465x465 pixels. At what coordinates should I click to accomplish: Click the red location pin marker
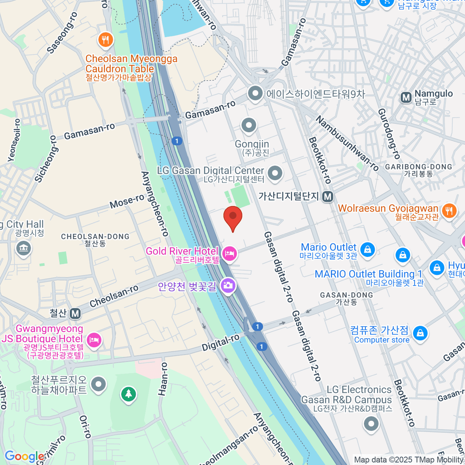[x=233, y=217]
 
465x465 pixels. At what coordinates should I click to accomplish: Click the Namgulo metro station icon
[x=406, y=97]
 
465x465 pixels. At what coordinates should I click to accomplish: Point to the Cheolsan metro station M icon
[x=76, y=313]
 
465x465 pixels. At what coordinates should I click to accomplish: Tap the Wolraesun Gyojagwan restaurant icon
[x=449, y=211]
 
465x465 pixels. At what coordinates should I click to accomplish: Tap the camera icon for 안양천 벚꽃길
[x=228, y=286]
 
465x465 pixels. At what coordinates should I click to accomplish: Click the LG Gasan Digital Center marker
[x=275, y=173]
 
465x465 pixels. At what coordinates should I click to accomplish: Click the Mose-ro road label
[x=127, y=201]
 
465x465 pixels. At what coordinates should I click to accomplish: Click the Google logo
[x=24, y=456]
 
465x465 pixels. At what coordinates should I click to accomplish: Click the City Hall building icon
[x=23, y=249]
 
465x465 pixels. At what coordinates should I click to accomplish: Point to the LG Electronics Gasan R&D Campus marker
[x=371, y=423]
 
